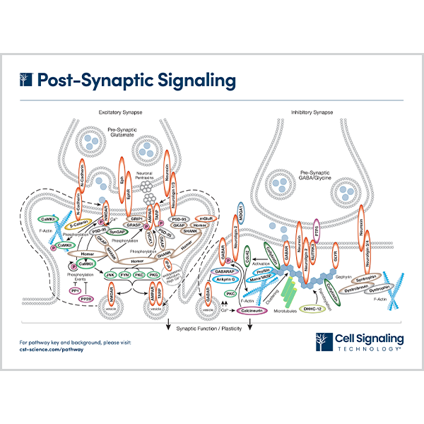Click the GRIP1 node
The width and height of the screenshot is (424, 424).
(136, 220)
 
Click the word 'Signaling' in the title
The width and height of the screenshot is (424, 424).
(188, 81)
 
